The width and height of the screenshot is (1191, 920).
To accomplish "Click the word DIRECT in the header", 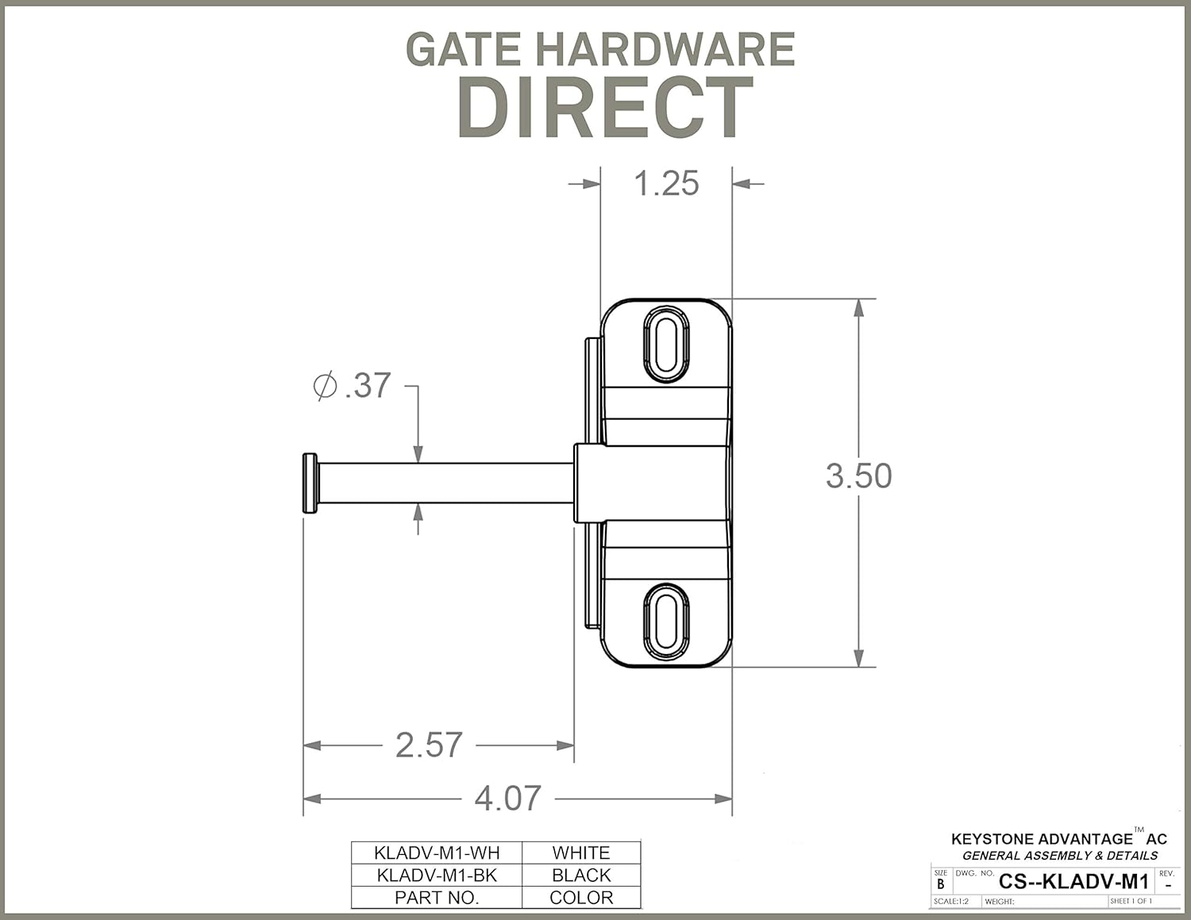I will [605, 109].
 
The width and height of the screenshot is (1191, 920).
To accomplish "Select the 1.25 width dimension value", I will [666, 183].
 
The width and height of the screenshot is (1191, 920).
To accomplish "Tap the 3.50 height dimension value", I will [858, 475].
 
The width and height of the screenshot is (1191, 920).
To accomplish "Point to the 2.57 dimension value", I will [429, 745].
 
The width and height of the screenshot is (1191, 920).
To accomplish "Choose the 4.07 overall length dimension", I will [507, 798].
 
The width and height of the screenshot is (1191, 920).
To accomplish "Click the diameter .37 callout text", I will [353, 386].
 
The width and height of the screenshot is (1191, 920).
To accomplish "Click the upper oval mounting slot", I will [665, 343].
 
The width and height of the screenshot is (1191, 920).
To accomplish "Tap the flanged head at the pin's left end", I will [310, 483].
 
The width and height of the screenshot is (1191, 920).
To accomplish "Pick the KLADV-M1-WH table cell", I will [437, 853].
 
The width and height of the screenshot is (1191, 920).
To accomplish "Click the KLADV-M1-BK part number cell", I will [437, 875].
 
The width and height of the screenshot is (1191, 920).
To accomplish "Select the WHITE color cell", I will [581, 853].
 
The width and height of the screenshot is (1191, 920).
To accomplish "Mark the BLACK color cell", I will [581, 875].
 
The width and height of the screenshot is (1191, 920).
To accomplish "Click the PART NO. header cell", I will [437, 898].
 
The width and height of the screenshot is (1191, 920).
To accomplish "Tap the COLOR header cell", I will [581, 898].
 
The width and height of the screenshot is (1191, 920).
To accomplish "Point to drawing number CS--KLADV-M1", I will [1073, 881].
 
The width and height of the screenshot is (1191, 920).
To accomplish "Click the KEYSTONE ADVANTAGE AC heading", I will [1058, 839].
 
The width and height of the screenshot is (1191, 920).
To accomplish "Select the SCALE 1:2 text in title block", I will [951, 902].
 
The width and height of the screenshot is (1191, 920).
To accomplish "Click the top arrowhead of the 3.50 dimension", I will [858, 308].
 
